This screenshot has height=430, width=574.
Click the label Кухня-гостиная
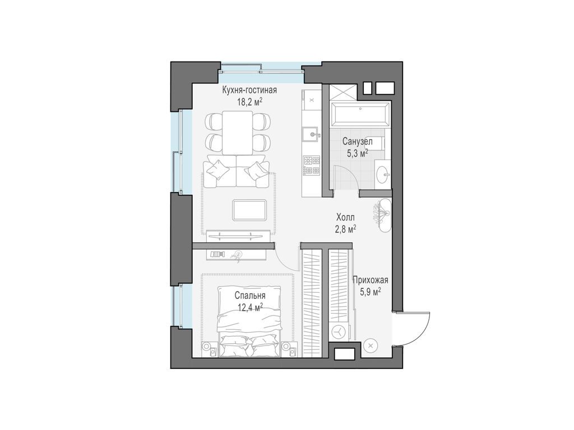point(249,90)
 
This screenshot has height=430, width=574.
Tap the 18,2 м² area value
point(249,102)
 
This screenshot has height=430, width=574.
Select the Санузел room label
point(358,142)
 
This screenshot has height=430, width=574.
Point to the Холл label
point(346,217)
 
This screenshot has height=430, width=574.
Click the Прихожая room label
point(370,281)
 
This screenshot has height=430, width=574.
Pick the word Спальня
point(250,296)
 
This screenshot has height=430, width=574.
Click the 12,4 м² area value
point(250,307)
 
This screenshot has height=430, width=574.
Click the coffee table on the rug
point(249,210)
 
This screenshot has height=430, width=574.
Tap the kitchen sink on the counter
point(309,134)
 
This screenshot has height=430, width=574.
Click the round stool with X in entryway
point(371,345)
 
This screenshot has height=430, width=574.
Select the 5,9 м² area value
point(370,291)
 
